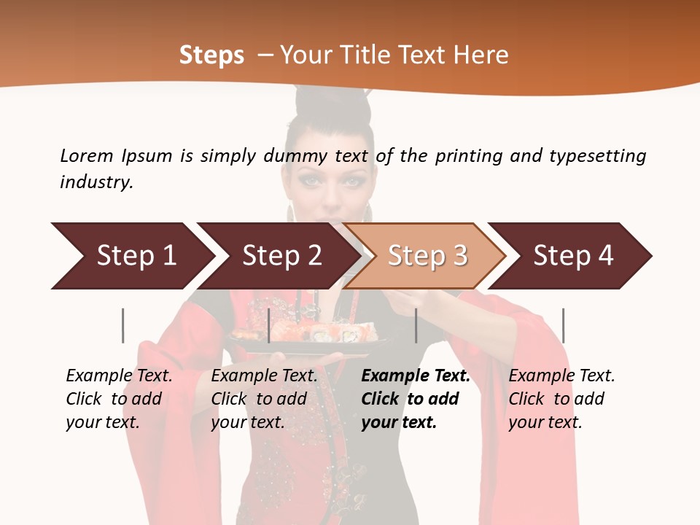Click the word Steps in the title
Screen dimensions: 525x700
coord(211,55)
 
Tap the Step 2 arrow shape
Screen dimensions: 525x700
coord(281,256)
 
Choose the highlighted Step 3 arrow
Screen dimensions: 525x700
coord(427,256)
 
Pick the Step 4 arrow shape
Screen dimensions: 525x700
coord(572,256)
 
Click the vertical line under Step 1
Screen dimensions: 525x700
coord(123,325)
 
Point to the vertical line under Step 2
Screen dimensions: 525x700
coord(269,325)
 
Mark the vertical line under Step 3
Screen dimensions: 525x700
coord(416,325)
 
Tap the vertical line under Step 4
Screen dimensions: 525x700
coord(563,325)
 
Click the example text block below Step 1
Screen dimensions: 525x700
coord(119,399)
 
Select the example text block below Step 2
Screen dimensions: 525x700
coord(264,399)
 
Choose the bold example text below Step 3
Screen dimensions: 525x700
coord(416,399)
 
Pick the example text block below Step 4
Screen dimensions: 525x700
coord(561,399)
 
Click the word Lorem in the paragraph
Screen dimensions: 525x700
coord(87,155)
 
